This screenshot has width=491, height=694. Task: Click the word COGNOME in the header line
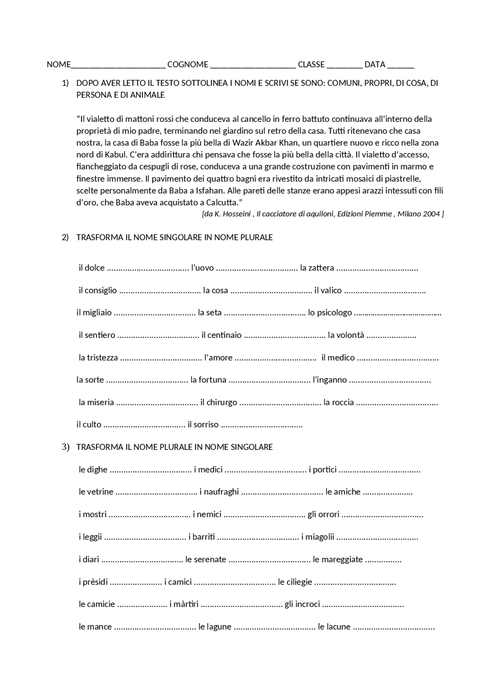coord(188,64)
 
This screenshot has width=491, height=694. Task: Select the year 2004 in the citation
coord(431,214)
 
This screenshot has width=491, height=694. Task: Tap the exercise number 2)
coord(65,237)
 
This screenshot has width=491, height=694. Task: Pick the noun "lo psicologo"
coord(330,312)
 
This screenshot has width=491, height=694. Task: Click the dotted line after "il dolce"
coord(148,268)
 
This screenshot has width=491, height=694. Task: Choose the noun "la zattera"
coord(317,268)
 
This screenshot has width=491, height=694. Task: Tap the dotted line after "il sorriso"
coord(262,425)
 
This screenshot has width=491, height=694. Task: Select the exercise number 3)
coord(65,447)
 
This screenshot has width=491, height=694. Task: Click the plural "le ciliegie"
coord(295,582)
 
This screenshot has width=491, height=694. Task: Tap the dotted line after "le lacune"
coord(394,627)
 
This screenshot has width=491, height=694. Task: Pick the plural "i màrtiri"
coord(184,604)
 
